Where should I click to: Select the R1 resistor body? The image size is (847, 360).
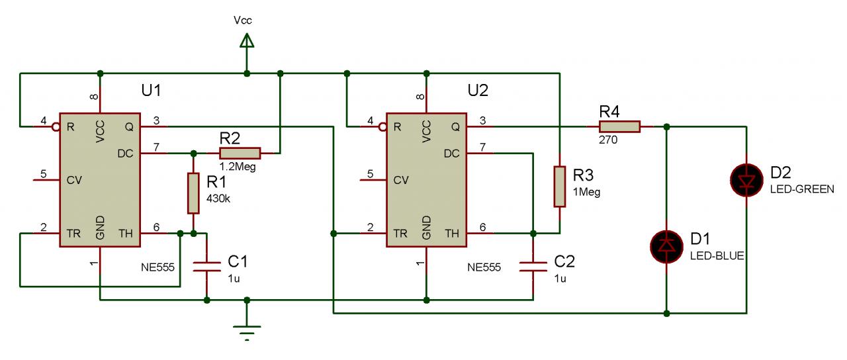pos(193,193)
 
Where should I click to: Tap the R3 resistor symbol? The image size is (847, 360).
pos(559,187)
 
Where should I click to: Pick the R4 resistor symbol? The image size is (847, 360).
pos(619,126)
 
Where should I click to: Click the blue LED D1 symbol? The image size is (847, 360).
pos(666,246)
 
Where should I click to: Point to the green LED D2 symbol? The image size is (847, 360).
pos(746,180)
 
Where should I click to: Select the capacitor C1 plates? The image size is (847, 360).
pos(207,267)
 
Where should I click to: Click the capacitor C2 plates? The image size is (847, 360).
pos(533,267)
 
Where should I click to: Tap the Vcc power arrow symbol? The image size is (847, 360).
pos(247,42)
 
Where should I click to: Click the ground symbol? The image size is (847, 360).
pos(247,330)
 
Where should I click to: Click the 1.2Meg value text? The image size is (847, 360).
pos(236,167)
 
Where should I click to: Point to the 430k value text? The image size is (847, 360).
pos(219,198)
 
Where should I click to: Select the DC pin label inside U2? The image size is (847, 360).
pos(453,153)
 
